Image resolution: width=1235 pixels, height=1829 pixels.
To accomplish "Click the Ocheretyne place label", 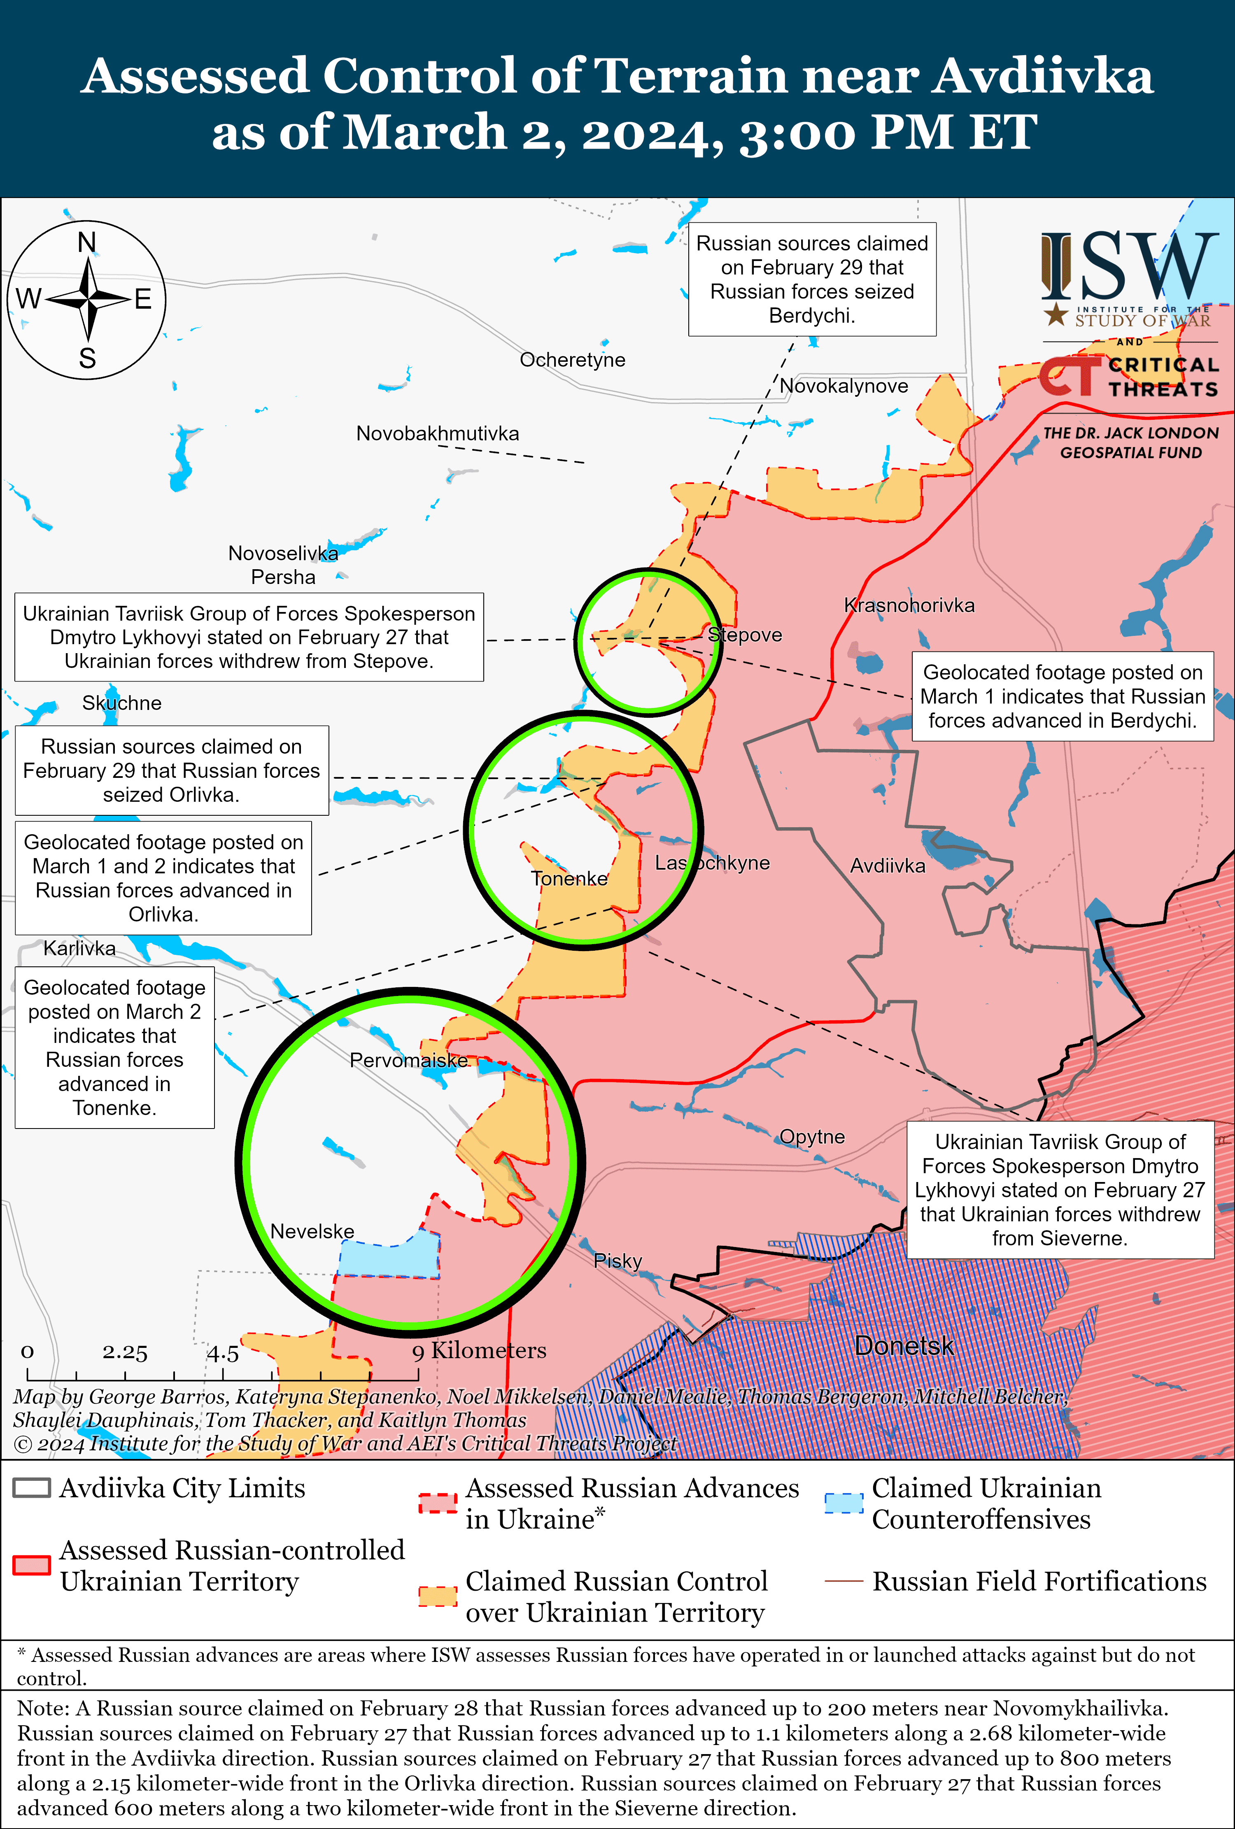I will point(572,360).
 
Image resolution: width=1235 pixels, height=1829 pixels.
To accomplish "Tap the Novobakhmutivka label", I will point(438,434).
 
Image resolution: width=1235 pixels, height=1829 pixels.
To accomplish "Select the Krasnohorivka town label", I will point(909,605).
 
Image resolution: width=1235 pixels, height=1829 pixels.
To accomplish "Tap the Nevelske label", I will point(312,1231).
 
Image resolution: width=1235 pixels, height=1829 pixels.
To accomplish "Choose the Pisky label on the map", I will point(618,1261).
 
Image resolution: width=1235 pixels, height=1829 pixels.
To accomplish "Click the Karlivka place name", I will point(79,948).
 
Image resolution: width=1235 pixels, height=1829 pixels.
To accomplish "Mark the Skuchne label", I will point(122,703).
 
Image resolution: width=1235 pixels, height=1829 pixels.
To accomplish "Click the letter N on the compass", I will point(86,242).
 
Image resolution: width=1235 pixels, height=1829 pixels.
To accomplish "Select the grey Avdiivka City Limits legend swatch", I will point(32,1487).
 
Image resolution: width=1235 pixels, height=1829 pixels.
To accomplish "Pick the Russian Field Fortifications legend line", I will point(844,1581).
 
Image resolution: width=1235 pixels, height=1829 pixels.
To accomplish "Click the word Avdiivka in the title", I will point(1043,76).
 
